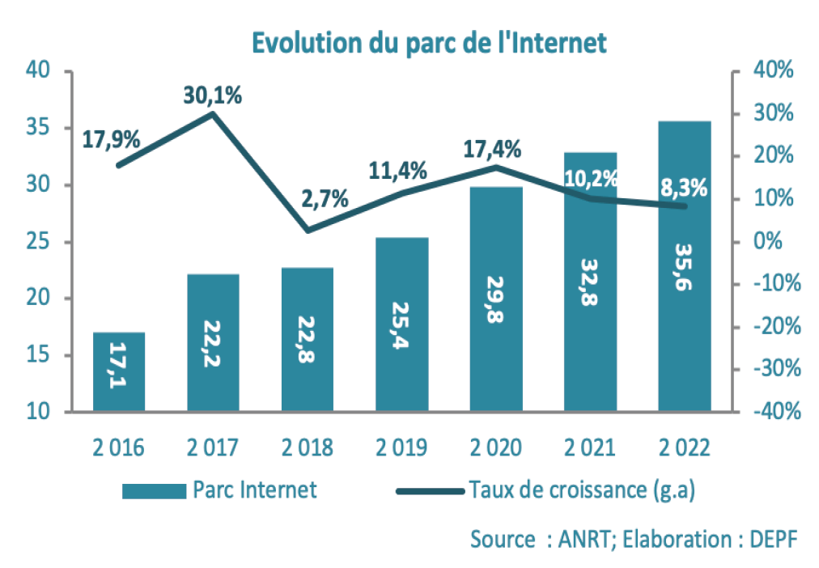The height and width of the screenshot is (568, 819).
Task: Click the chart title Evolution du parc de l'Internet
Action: click(428, 41)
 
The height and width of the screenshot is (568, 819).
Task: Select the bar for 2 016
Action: click(119, 371)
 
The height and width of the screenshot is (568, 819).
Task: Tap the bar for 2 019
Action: click(402, 324)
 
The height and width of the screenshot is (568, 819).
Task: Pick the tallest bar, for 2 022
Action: click(685, 267)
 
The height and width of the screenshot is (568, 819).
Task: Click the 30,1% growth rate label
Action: click(211, 95)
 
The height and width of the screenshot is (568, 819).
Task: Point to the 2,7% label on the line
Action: click(325, 198)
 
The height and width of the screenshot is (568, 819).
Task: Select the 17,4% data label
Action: click(492, 150)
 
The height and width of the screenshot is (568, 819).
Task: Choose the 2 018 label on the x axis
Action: click(308, 447)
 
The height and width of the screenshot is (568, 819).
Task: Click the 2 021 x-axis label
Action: click(590, 447)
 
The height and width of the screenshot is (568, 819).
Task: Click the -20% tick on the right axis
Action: click(774, 327)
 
